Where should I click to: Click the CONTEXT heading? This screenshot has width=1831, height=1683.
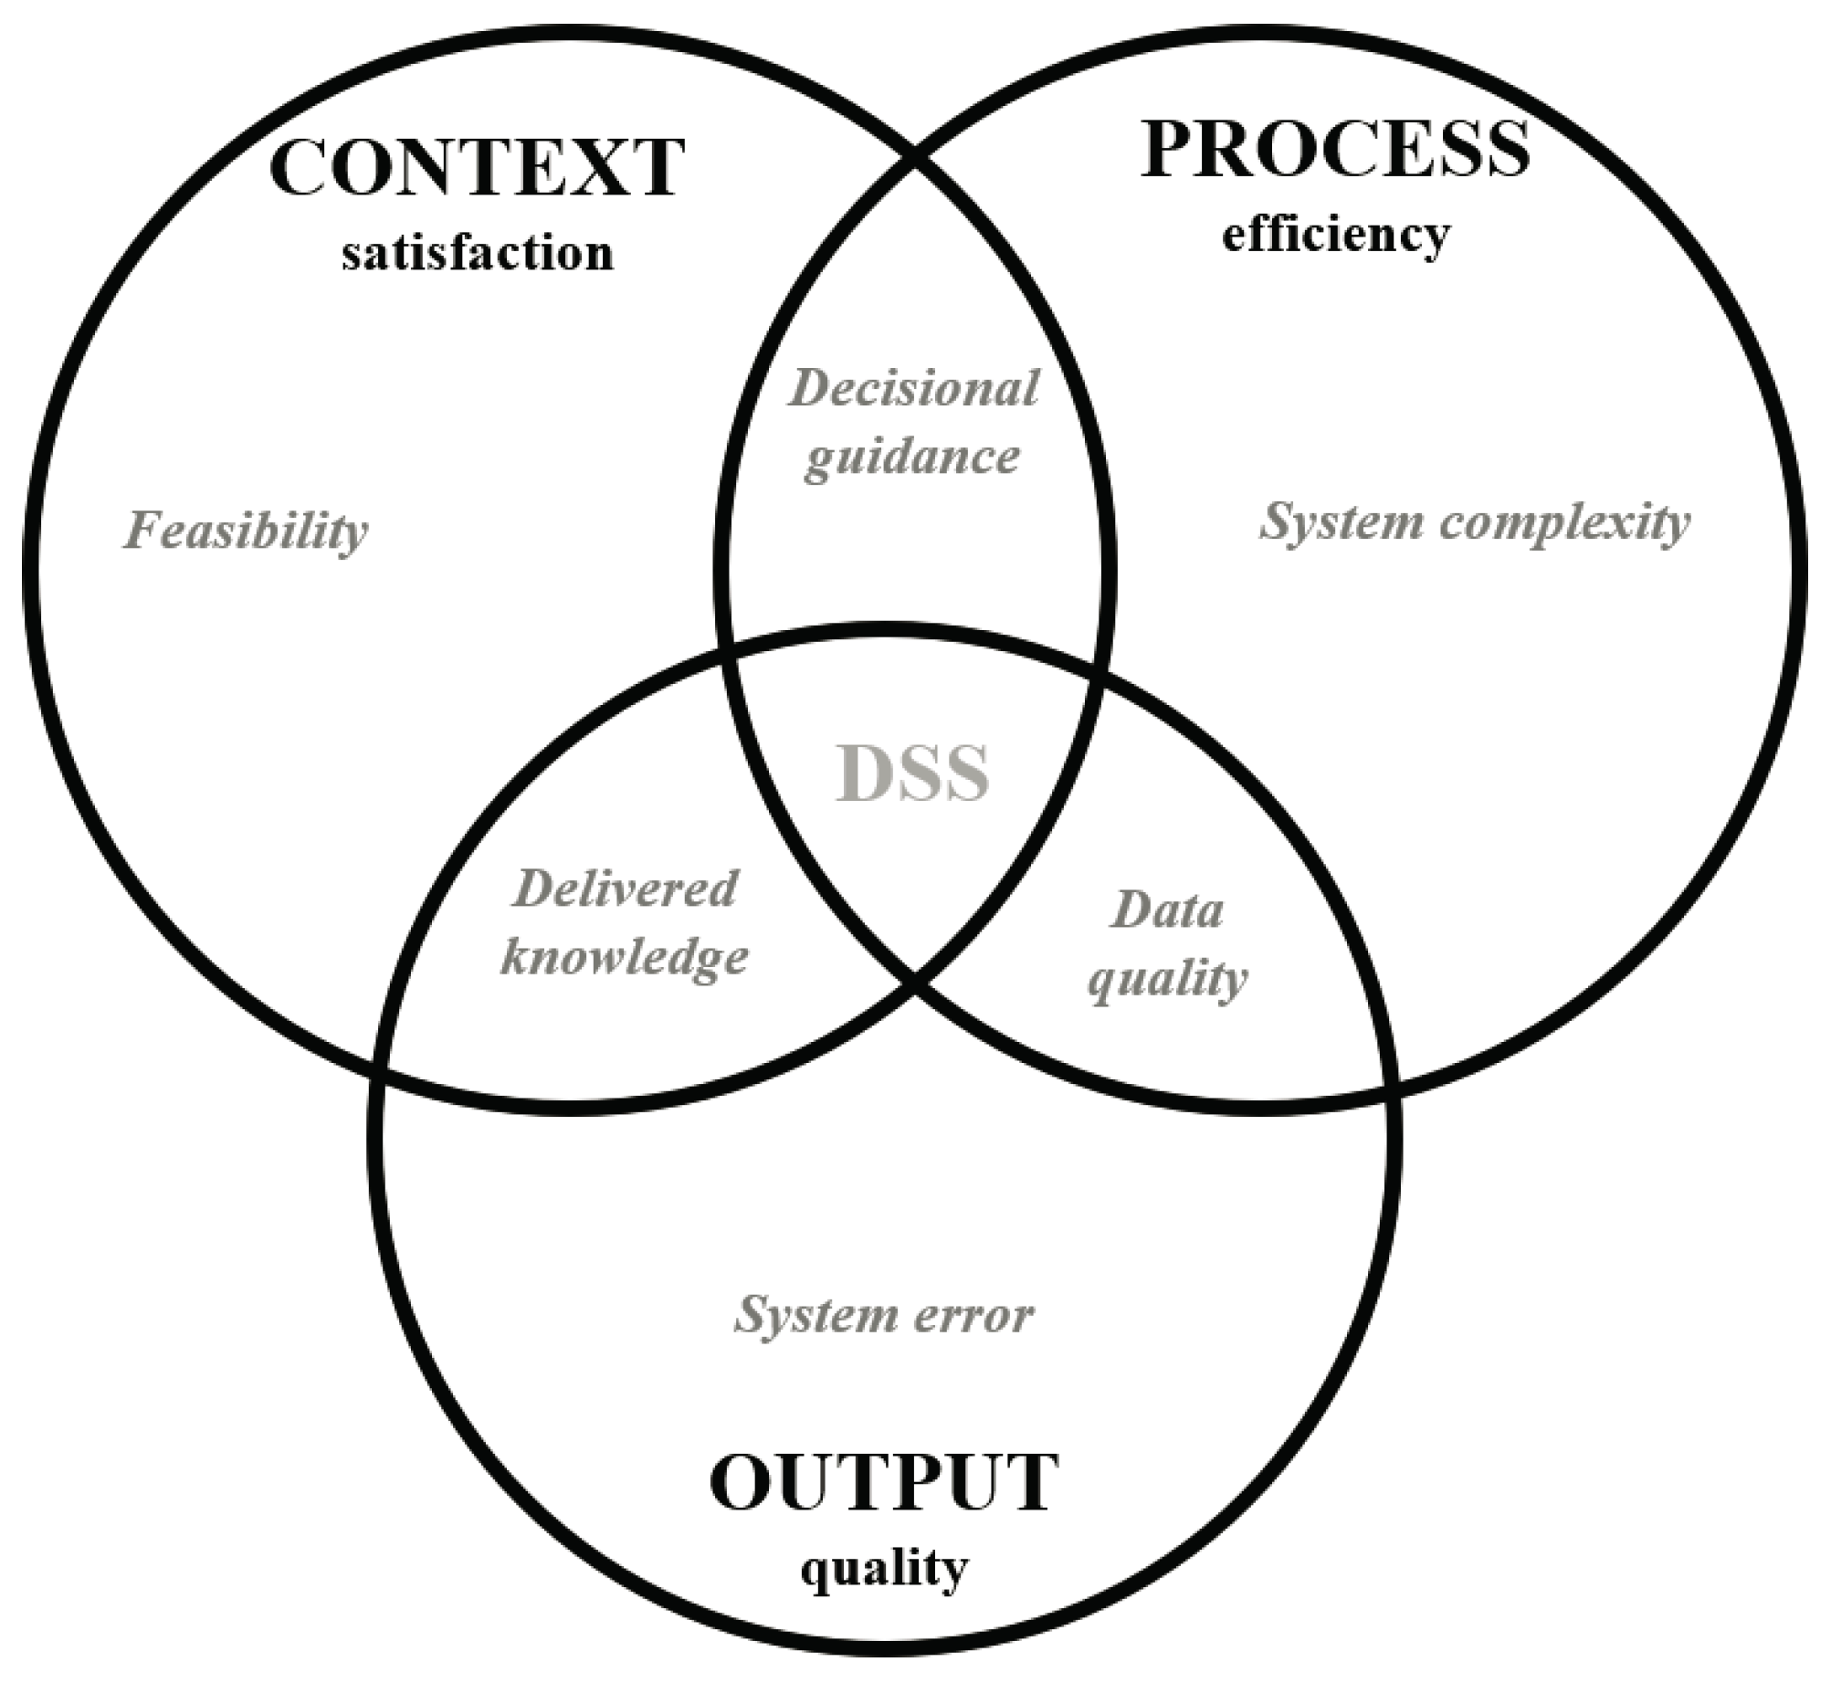tap(477, 169)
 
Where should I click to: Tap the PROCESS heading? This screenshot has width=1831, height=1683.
tap(1335, 151)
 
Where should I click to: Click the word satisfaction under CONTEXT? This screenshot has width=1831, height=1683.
tap(477, 254)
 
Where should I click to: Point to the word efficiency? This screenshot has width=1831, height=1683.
tap(1335, 236)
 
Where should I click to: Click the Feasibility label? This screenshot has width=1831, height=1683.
tap(246, 531)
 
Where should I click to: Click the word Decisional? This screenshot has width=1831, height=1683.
tap(914, 389)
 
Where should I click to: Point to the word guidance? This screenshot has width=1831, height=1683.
tap(912, 457)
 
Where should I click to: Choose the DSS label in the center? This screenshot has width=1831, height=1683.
tap(913, 774)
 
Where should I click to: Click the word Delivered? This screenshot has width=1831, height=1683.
tap(626, 889)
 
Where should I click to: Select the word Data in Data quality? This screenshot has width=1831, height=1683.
tap(1167, 910)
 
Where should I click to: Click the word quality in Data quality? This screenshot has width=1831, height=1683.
tap(1167, 980)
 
